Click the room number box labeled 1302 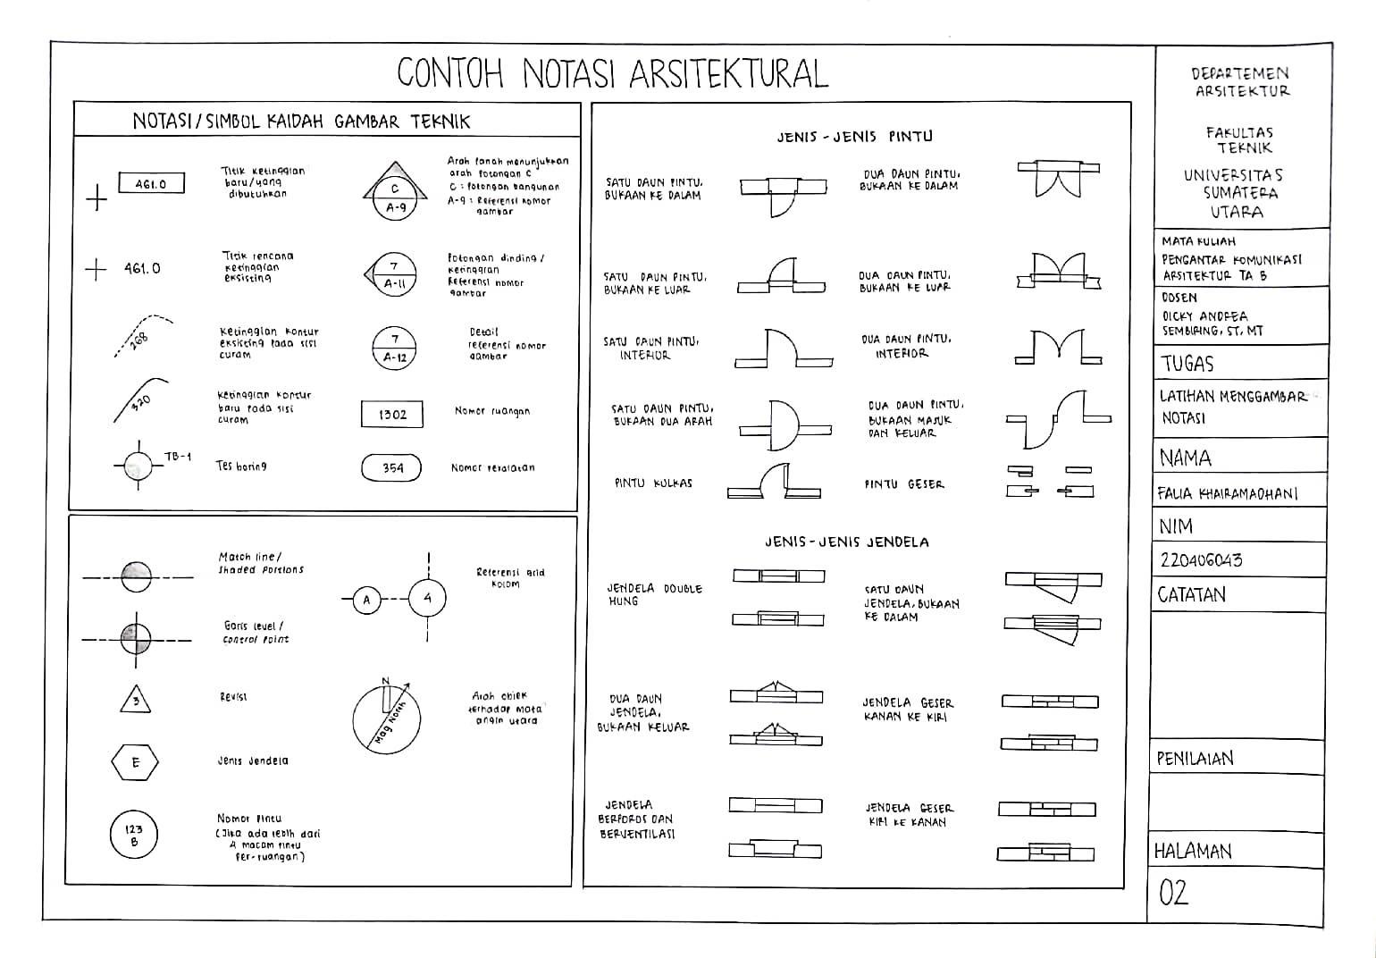tap(392, 415)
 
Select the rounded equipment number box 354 tap(392, 468)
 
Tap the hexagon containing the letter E tap(135, 762)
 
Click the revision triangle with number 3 tap(136, 700)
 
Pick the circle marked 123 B tap(134, 835)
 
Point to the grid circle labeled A tap(366, 601)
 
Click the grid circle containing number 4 tap(428, 598)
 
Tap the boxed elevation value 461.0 tap(151, 184)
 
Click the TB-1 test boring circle tap(138, 466)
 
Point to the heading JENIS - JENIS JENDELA tap(846, 542)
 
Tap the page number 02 tap(1173, 892)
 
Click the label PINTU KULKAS tap(653, 483)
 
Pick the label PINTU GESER tap(903, 484)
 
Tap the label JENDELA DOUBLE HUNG tap(654, 594)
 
